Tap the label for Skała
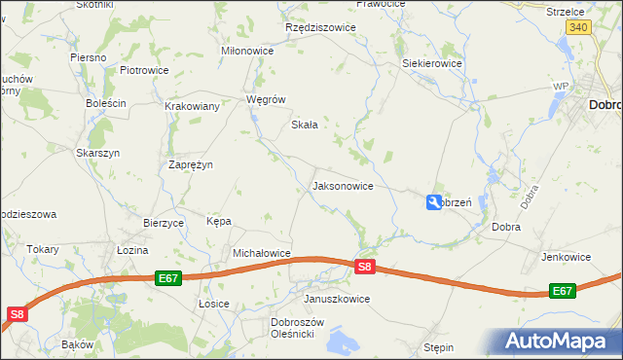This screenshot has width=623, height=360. pos(306,126)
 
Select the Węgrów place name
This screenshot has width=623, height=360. pos(266,99)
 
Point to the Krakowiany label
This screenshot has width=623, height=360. pos(192,107)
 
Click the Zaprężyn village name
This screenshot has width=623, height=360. pos(191,165)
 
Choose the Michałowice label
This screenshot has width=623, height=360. pos(262,253)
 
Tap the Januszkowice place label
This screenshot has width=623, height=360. pos(337,299)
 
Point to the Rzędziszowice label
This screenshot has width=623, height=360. pos(320,28)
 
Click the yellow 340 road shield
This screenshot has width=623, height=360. pos(578,29)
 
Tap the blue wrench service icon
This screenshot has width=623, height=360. pos(432,202)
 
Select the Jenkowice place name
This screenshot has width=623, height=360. pos(566,258)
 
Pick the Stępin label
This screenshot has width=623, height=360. pos(439,346)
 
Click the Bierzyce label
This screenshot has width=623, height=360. pos(164,223)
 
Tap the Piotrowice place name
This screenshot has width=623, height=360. pos(144,71)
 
